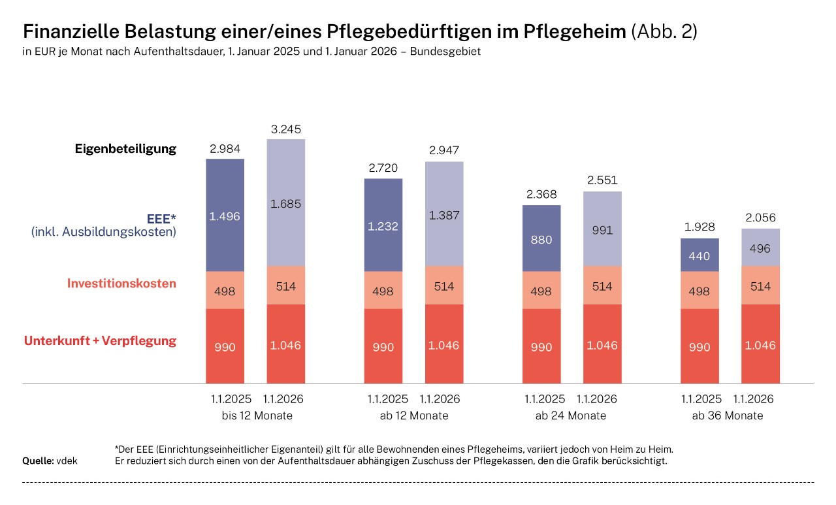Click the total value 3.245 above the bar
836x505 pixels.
(286, 129)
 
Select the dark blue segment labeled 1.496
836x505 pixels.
(225, 216)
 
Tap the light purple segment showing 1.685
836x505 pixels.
(286, 203)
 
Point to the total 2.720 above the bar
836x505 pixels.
(383, 168)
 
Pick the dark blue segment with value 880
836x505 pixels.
(541, 239)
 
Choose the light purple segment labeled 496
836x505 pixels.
(760, 248)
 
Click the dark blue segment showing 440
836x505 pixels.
(699, 256)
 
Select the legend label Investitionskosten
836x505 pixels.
(121, 284)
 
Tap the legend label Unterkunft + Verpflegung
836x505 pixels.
(100, 341)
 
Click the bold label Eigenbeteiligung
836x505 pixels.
(125, 148)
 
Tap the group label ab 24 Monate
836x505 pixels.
(571, 415)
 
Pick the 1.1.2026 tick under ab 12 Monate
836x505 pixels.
(440, 399)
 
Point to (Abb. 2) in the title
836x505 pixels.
(664, 32)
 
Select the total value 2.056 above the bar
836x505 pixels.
(760, 218)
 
